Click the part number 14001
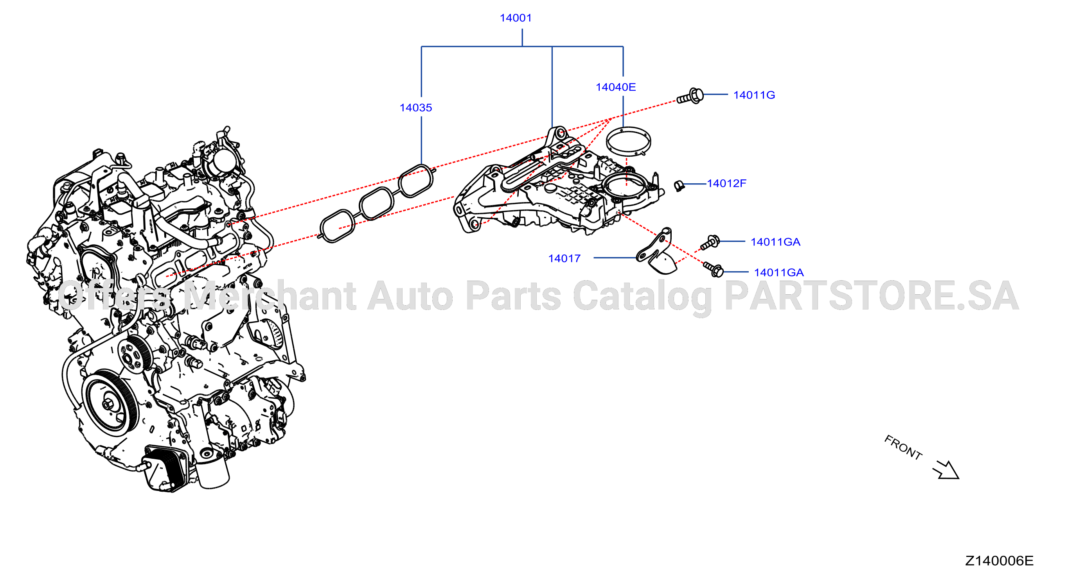click(516, 18)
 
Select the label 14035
click(416, 107)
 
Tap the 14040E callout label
click(615, 87)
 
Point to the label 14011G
click(754, 95)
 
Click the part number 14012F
click(726, 183)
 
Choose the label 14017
click(564, 258)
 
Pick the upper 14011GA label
click(775, 242)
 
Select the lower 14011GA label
click(779, 272)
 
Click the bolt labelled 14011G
click(690, 96)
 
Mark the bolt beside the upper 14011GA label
click(710, 242)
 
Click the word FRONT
click(903, 448)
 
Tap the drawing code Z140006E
click(999, 561)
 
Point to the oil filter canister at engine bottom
click(213, 473)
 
